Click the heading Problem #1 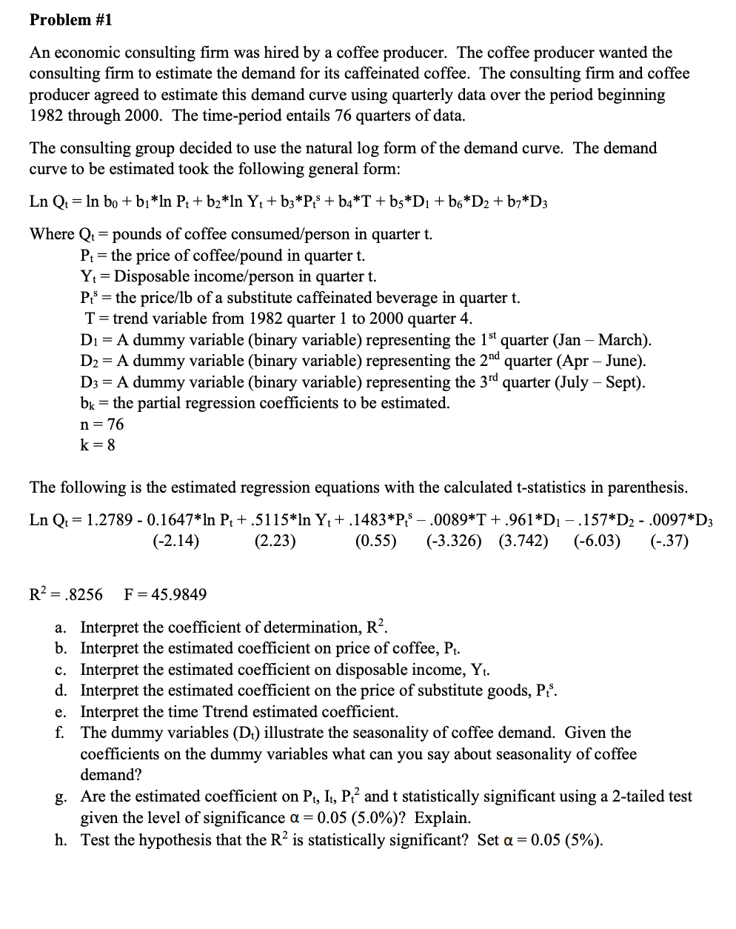[71, 20]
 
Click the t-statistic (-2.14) [175, 541]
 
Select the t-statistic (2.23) [275, 541]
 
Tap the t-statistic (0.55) [375, 541]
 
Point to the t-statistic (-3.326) [453, 541]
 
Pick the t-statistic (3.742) [523, 541]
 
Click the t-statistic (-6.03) [597, 541]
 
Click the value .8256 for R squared [83, 594]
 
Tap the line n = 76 [101, 424]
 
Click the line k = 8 [97, 445]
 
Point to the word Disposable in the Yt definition [151, 276]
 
